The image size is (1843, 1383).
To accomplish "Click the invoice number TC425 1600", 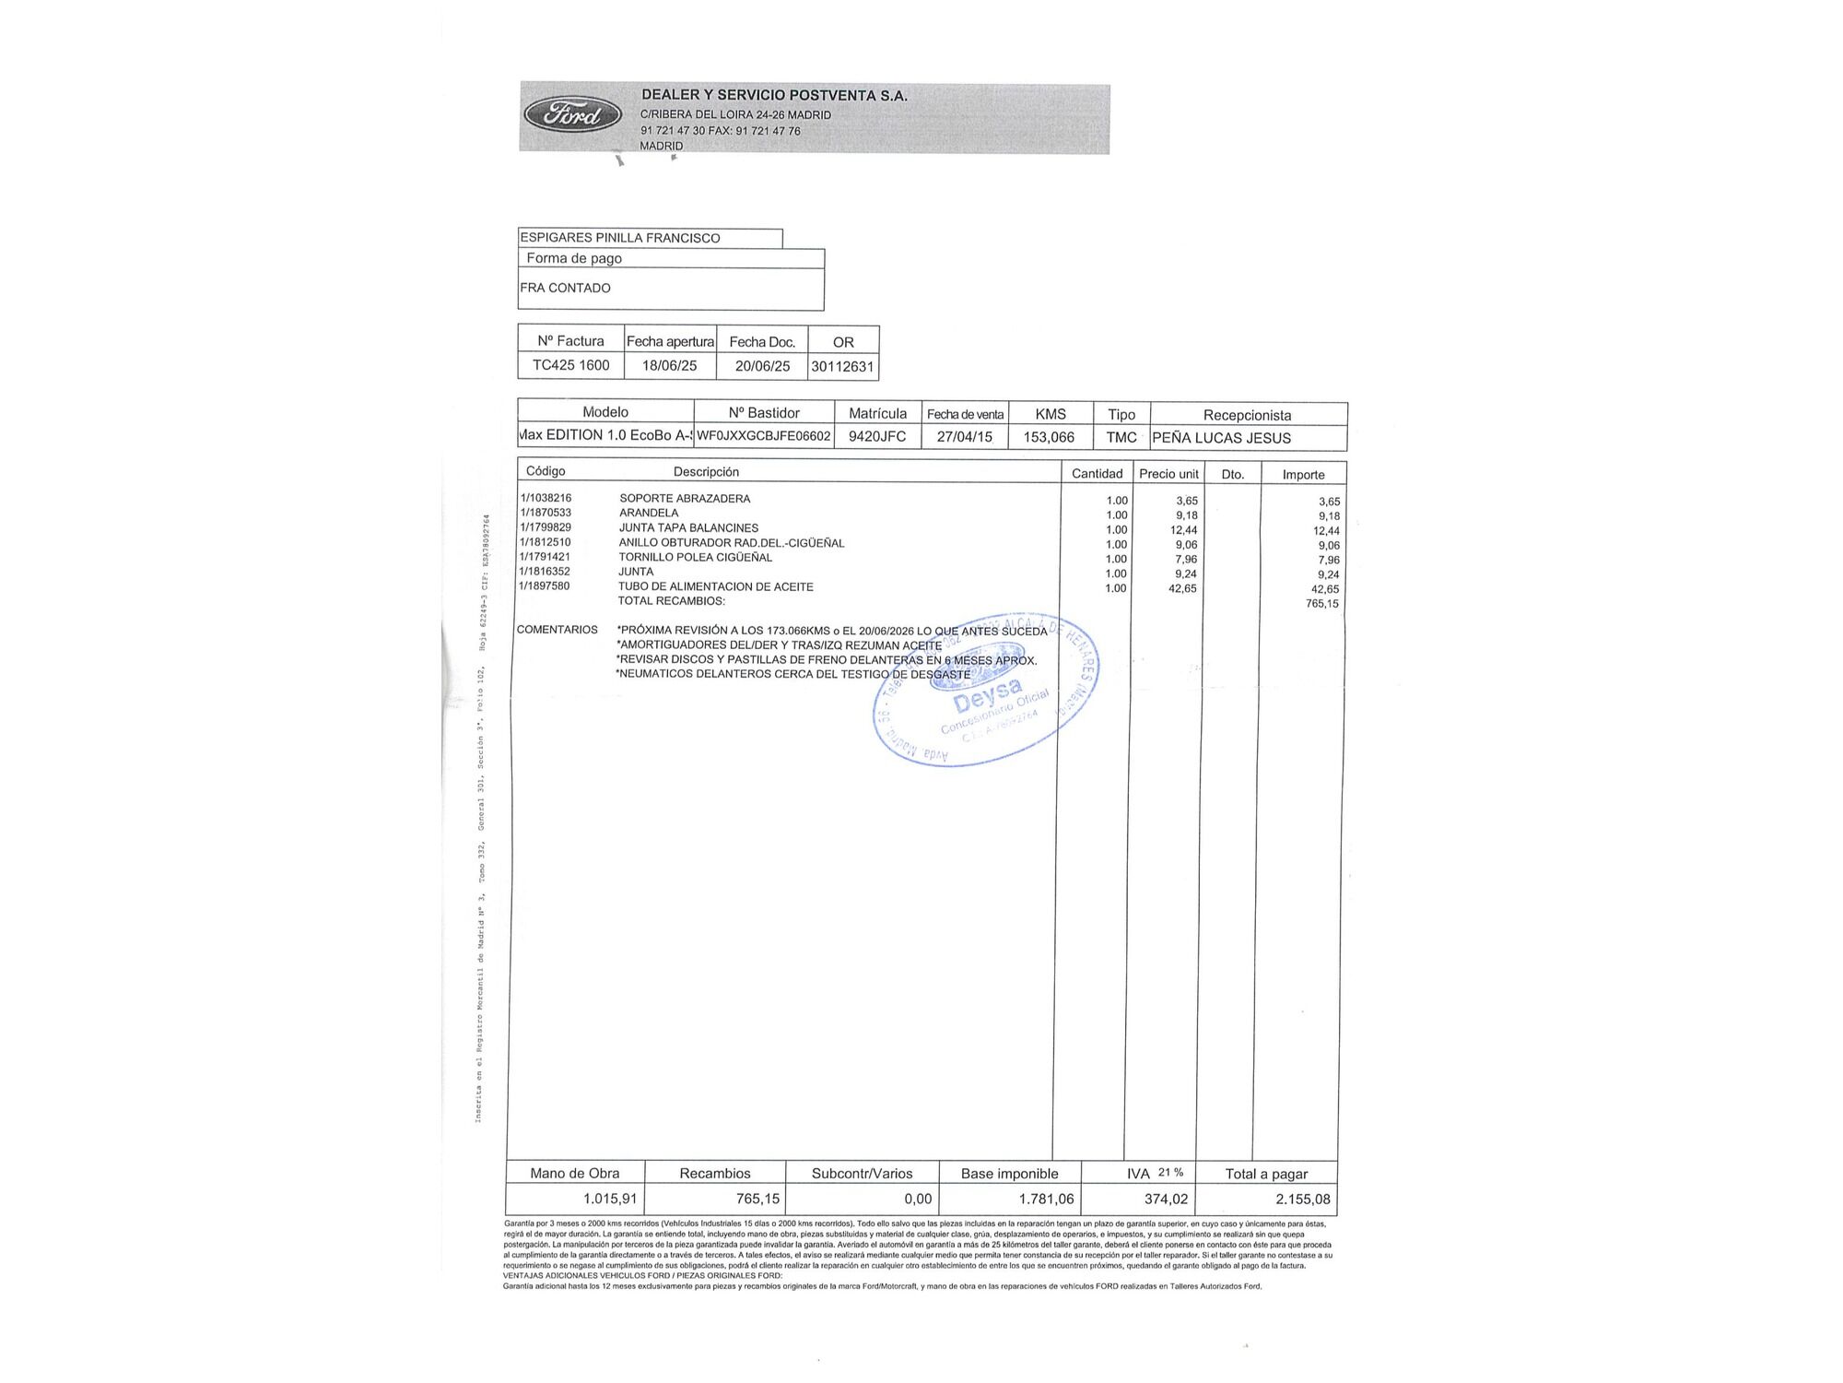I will tap(570, 365).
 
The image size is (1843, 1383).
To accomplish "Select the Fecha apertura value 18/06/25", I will tap(669, 365).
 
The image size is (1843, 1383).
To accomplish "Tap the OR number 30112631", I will tap(842, 366).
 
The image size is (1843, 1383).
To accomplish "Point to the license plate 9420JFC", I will tap(877, 437).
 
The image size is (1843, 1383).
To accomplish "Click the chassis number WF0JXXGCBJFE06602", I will tap(764, 436).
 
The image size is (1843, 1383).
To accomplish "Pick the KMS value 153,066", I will tap(1049, 437).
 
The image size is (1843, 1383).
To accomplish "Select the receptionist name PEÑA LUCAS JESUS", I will tap(1221, 438).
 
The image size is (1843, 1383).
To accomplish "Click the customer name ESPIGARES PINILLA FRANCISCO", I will tap(620, 238).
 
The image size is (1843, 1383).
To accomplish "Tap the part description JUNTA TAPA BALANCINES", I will tap(688, 528).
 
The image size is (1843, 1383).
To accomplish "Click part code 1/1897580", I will tap(545, 586).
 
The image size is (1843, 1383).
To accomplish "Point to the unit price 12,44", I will tap(1183, 530).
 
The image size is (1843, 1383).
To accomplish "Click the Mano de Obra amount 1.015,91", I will tap(610, 1199).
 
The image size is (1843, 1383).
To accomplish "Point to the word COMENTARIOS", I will tap(558, 630).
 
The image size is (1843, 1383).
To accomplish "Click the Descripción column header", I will tap(706, 472).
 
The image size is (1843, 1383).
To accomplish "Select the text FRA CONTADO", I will tap(565, 288).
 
